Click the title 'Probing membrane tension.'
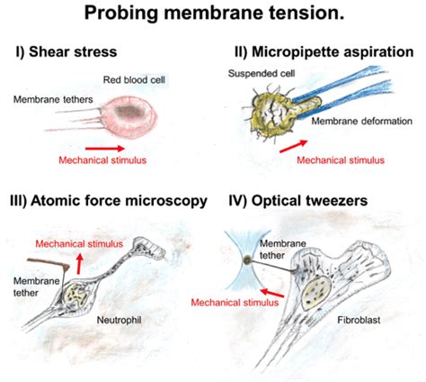point(212,14)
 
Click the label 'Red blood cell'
point(133,77)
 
